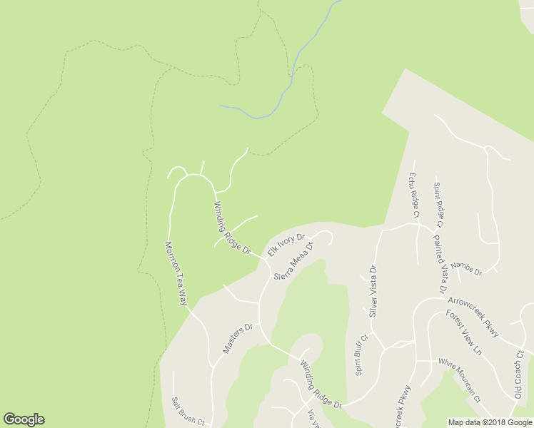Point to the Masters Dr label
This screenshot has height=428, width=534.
point(238,339)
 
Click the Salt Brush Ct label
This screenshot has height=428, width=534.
point(188,412)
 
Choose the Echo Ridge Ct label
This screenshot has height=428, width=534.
point(413,194)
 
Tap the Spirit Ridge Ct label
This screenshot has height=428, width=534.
point(438,205)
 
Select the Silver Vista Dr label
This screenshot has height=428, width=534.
point(372,291)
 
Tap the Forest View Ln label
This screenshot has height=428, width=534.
point(465,332)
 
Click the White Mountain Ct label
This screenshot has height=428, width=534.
point(459,379)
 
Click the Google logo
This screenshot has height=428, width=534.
point(24,419)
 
